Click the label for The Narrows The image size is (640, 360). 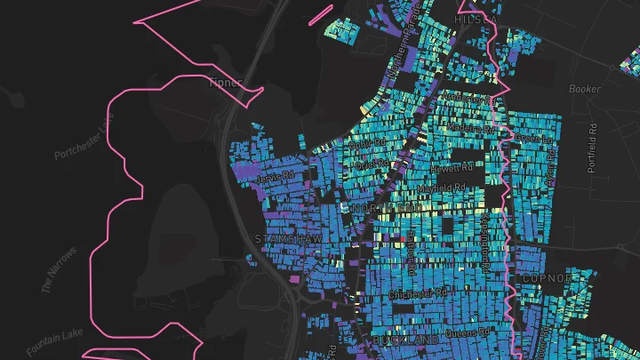59,270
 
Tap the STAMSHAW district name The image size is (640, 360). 283,239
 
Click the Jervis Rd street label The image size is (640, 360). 274,178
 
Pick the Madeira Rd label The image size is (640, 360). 474,127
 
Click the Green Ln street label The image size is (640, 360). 534,139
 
